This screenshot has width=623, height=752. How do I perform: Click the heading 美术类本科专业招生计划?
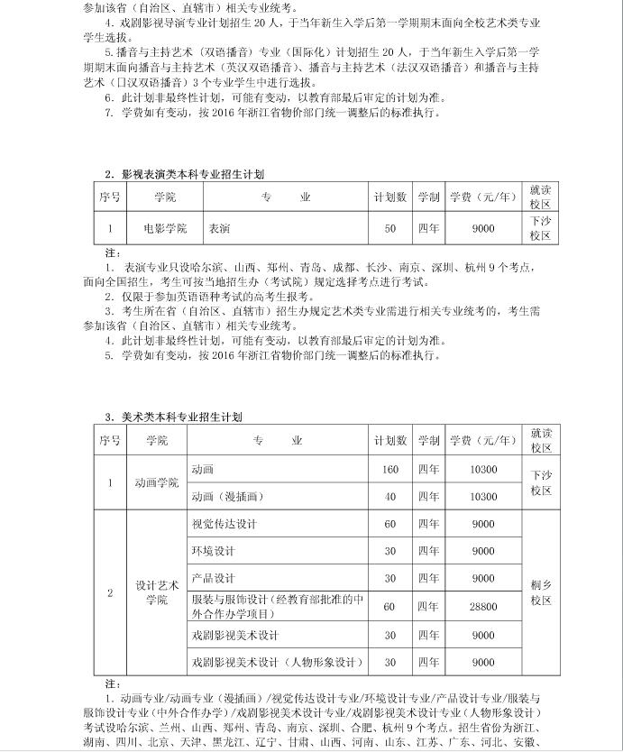coord(181,417)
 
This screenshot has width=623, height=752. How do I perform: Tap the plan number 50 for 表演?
coord(390,229)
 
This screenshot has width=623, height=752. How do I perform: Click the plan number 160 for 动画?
coord(390,470)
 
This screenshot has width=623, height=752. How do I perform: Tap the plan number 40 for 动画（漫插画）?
coord(390,497)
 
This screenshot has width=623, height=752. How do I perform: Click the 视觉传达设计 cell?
coord(224,524)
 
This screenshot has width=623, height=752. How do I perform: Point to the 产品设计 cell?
coord(213,578)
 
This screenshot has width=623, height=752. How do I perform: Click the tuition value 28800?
coord(483,607)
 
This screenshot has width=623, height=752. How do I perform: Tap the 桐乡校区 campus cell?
coord(541,592)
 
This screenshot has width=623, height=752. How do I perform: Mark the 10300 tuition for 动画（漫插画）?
coord(483,497)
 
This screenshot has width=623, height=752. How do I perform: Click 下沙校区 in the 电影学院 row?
coord(541,228)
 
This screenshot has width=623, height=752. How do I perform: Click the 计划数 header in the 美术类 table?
coord(390,441)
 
